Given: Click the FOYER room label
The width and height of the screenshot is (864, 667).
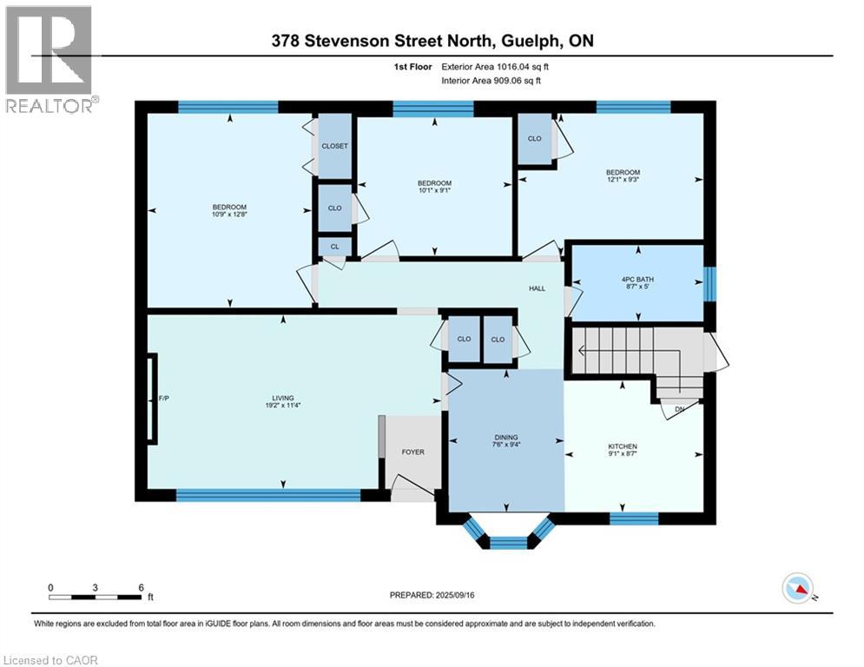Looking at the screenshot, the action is click(x=412, y=452).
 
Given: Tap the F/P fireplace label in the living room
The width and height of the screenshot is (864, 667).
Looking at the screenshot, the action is click(x=162, y=400).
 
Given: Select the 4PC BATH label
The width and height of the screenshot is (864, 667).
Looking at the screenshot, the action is click(x=637, y=278).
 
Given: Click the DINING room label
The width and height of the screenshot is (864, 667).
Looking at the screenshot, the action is click(x=506, y=438).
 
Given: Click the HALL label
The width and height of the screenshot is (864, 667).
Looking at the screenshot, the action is click(x=538, y=288).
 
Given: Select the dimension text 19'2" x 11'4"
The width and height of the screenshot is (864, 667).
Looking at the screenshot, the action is click(x=283, y=406).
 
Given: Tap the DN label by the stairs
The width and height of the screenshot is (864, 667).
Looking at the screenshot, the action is click(x=678, y=409).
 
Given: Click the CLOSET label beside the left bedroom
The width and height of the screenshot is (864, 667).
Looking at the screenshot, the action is click(x=334, y=146).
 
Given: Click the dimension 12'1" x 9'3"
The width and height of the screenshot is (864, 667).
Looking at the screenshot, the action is click(x=623, y=180).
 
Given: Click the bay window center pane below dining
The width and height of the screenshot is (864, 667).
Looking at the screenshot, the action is click(x=509, y=543).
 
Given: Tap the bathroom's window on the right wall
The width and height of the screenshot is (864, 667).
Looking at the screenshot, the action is click(x=709, y=283).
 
